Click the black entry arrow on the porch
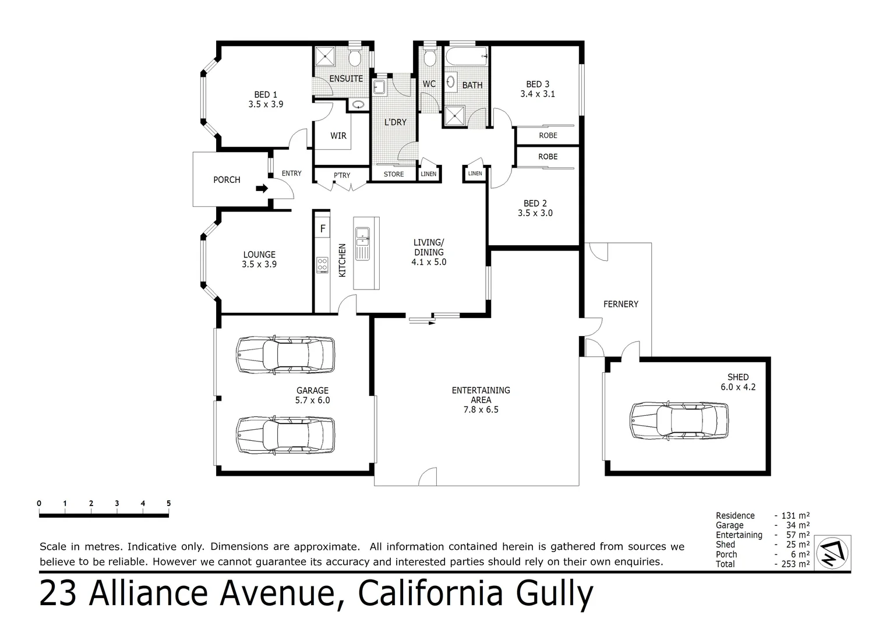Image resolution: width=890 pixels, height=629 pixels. [262, 188]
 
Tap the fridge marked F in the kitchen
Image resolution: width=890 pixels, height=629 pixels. [322, 228]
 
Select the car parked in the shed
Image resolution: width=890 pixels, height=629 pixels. [679, 420]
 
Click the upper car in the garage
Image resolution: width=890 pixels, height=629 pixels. [285, 354]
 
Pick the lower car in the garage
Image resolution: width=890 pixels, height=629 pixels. [285, 434]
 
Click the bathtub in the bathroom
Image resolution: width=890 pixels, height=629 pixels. [467, 58]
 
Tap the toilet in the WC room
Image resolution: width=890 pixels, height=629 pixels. [429, 58]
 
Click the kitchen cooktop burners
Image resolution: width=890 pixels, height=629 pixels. [322, 264]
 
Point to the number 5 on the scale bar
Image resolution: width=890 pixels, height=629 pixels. [169, 503]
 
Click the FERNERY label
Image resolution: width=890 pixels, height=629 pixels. [620, 304]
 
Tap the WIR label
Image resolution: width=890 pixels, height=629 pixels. [338, 136]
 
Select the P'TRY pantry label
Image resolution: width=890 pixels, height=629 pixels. [342, 175]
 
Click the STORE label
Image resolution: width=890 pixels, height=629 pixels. [394, 174]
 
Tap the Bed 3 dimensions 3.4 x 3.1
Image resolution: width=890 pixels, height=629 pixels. [538, 94]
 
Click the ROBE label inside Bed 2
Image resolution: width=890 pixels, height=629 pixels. [548, 157]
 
